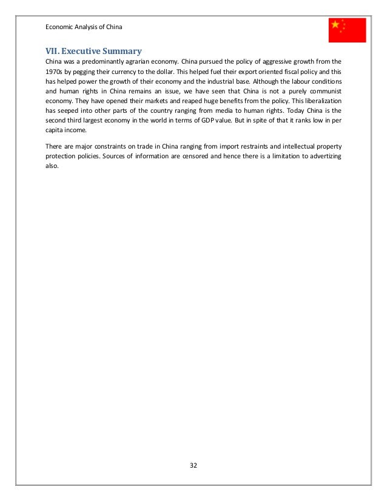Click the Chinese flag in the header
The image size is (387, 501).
[x=348, y=30]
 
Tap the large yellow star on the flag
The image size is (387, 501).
[x=335, y=25]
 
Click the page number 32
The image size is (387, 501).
[x=193, y=466]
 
